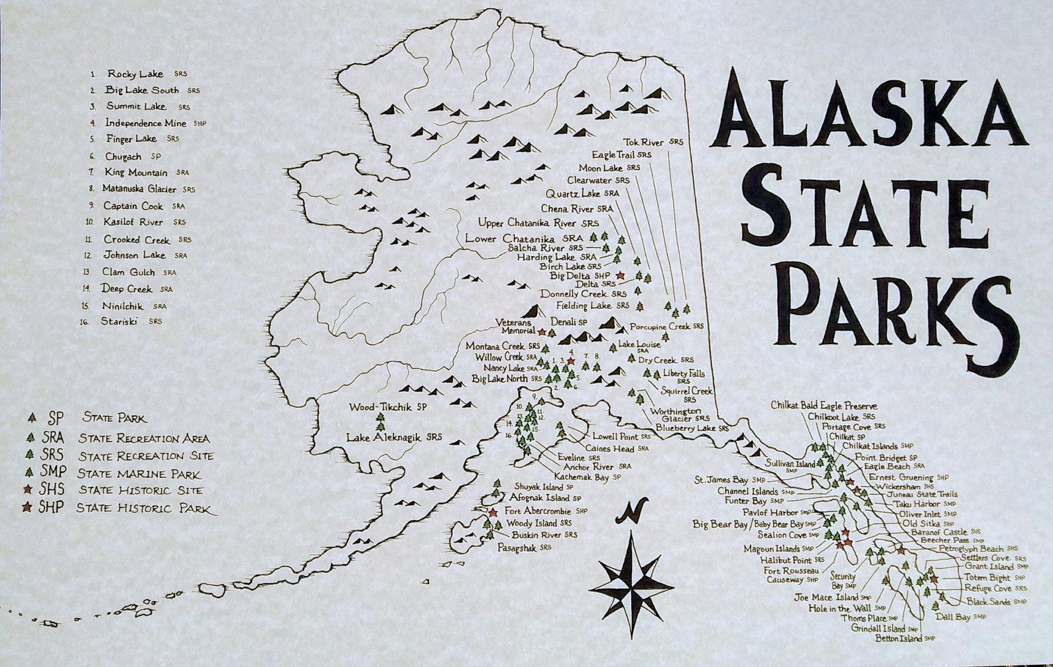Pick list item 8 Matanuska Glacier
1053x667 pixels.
(x=139, y=189)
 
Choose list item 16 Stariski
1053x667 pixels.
(x=123, y=322)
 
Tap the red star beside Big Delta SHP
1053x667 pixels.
(x=619, y=274)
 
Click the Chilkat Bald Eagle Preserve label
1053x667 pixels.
(x=824, y=405)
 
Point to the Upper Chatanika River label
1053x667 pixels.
(x=537, y=223)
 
